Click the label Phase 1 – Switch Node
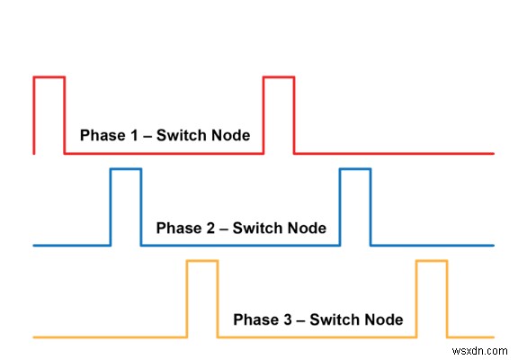(165, 136)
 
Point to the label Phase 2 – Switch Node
(241, 228)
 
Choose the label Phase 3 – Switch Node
(317, 319)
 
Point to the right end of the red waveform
(493, 153)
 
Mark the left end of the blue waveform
(34, 245)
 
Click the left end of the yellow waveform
(34, 337)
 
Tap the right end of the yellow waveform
(493, 337)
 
